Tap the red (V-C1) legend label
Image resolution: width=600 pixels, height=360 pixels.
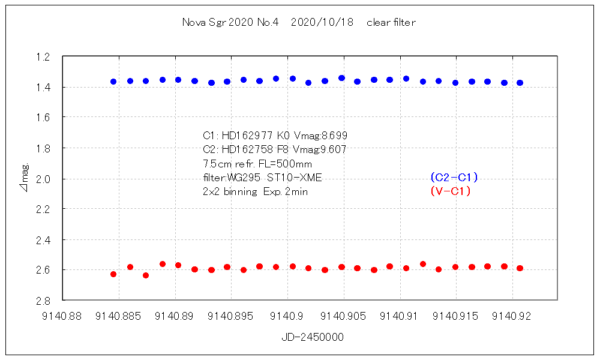click(450, 191)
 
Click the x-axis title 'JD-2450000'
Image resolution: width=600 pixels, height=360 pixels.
click(313, 337)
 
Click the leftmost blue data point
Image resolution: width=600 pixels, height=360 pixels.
click(113, 82)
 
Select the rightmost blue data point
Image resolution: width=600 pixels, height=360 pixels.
click(520, 83)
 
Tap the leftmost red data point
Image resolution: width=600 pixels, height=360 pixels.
click(113, 274)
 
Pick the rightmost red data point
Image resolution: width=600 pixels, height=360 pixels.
click(520, 268)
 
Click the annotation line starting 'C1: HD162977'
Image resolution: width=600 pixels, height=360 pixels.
click(275, 135)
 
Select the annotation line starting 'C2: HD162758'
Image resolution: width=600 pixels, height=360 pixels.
click(275, 149)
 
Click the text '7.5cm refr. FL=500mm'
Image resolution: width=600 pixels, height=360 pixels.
click(258, 163)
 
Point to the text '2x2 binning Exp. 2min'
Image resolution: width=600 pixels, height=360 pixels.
click(256, 192)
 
